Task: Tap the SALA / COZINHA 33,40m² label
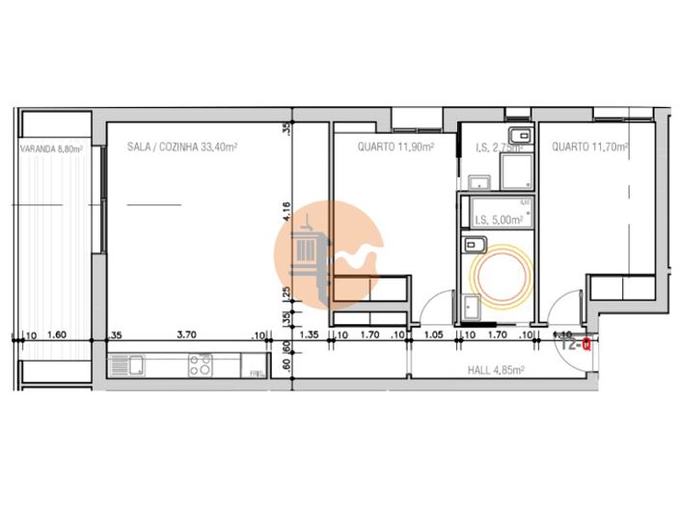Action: [x=182, y=147]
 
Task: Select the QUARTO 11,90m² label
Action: [x=395, y=147]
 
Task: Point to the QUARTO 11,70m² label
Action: [x=590, y=147]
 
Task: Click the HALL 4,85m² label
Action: [x=496, y=369]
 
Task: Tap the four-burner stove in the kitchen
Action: [x=201, y=365]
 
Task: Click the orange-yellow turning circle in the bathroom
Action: [x=499, y=276]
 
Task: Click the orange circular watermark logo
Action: [x=331, y=254]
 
